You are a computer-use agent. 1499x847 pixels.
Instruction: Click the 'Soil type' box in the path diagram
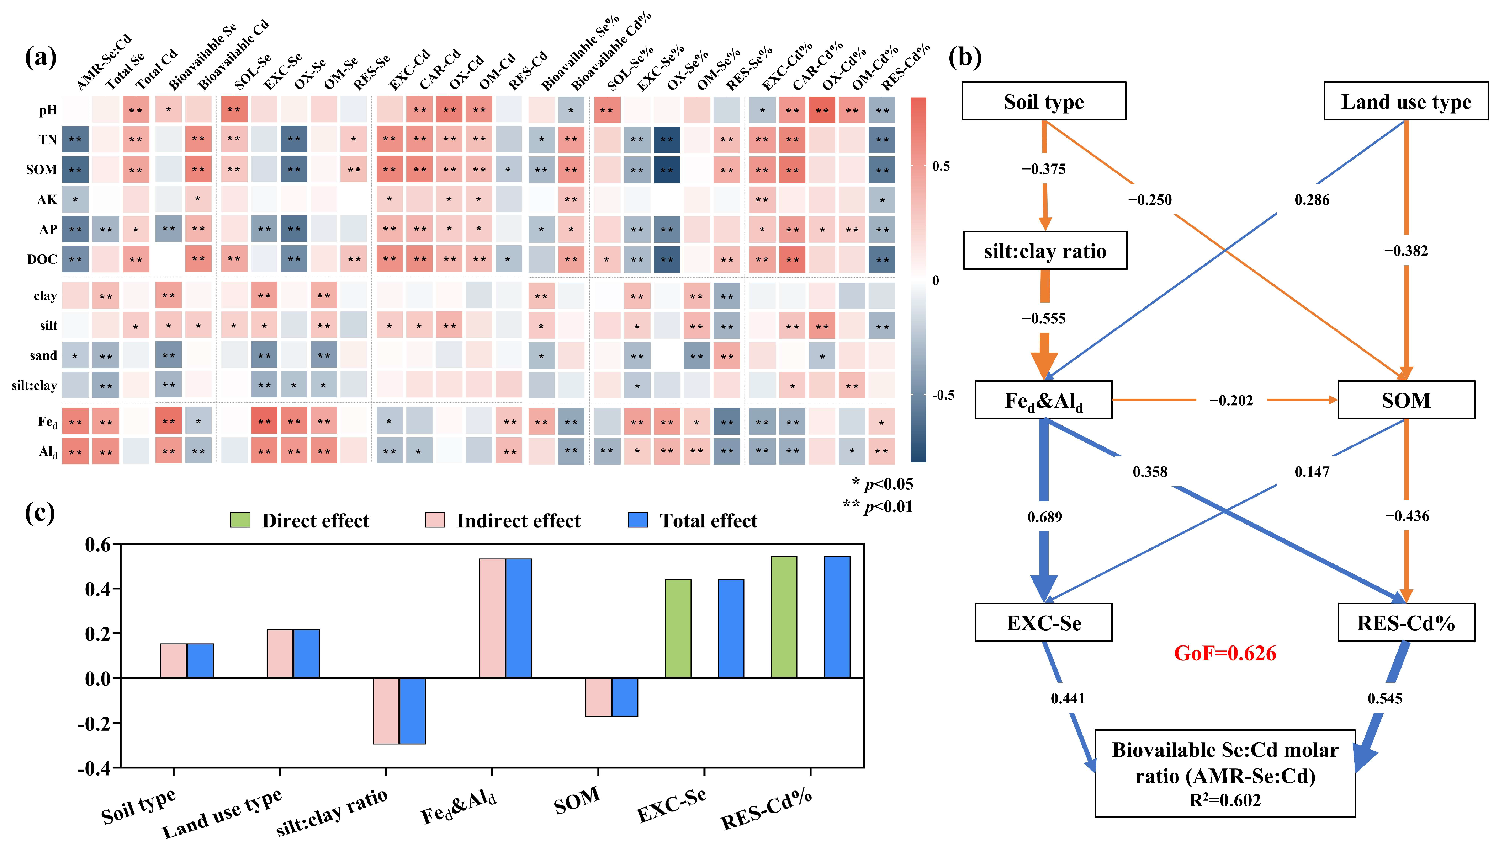1043,101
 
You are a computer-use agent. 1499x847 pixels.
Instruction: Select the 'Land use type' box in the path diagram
1406,101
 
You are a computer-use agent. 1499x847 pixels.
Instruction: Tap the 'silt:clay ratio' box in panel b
1045,251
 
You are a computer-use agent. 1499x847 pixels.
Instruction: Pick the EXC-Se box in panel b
1044,622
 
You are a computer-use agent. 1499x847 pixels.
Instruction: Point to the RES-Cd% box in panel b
1406,622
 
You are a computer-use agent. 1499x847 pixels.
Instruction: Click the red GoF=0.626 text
1225,653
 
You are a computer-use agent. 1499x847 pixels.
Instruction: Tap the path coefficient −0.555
1044,318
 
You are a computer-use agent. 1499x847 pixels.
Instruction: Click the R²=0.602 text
1225,800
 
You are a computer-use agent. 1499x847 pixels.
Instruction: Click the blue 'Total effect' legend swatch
638,520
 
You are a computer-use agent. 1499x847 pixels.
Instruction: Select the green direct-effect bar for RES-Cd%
784,617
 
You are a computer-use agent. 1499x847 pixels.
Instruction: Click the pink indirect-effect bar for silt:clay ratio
386,711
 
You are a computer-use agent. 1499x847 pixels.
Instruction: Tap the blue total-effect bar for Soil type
200,661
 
